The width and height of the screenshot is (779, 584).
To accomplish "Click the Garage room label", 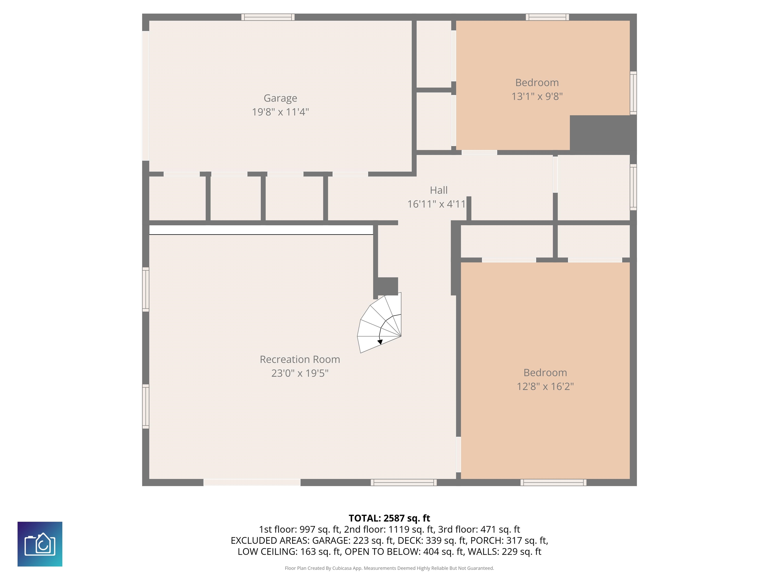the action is click(x=280, y=98).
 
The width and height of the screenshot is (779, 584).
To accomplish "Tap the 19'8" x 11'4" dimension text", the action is click(x=280, y=112).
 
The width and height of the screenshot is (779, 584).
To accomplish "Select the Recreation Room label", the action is click(x=300, y=359).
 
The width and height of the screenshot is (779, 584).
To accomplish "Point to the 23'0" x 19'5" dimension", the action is click(x=300, y=373).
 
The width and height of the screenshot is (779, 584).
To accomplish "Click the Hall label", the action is click(x=438, y=190).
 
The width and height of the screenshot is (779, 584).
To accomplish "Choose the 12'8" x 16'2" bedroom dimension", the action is click(x=545, y=387).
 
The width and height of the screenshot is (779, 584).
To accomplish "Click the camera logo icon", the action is click(x=40, y=544).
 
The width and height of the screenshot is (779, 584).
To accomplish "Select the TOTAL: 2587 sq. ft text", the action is click(x=389, y=518).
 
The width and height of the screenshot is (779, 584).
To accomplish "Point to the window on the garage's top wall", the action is click(x=268, y=17).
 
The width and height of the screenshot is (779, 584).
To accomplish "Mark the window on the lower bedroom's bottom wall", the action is click(x=554, y=482).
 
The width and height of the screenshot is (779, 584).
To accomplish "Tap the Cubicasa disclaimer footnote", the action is click(x=389, y=568).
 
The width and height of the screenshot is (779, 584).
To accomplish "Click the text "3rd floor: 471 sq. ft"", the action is click(x=479, y=530).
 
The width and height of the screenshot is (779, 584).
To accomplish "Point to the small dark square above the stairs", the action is click(x=388, y=286).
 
